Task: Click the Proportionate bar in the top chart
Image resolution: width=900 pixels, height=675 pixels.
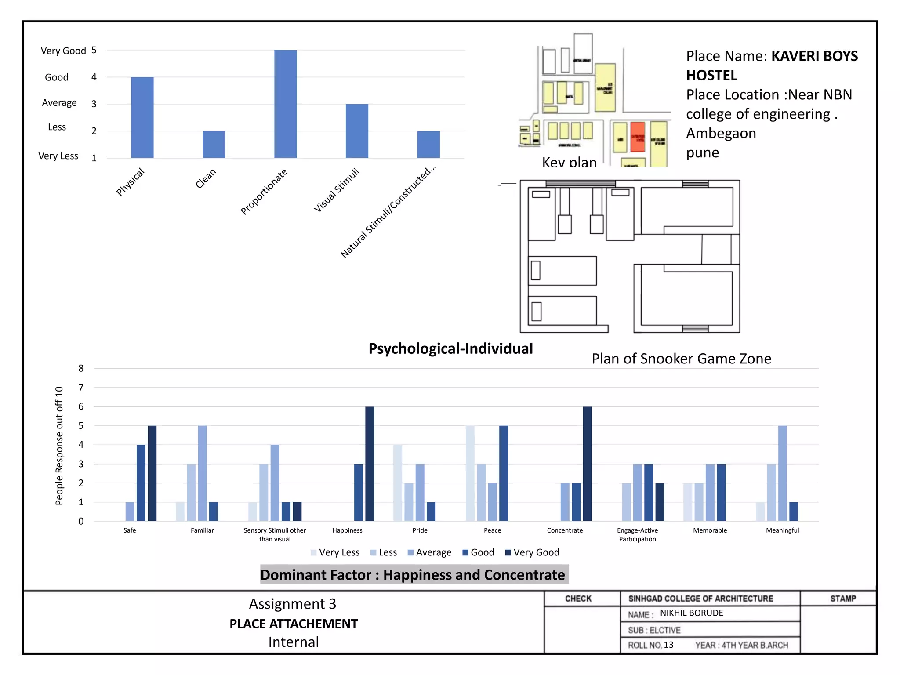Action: click(285, 104)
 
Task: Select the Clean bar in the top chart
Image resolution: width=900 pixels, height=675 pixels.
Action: click(214, 144)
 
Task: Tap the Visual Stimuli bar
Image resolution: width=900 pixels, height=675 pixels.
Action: click(357, 131)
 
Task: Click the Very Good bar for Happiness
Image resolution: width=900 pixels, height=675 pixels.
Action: click(370, 464)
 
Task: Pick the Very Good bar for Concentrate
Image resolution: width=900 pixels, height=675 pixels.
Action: click(587, 464)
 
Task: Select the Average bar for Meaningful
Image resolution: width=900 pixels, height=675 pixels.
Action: click(782, 473)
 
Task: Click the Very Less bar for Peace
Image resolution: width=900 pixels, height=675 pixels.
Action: click(470, 473)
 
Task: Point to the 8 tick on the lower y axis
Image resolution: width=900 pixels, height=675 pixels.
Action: click(81, 368)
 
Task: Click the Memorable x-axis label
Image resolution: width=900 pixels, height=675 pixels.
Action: click(710, 530)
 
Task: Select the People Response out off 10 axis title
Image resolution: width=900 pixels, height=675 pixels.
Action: click(59, 446)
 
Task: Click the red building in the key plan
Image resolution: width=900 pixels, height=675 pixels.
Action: click(637, 137)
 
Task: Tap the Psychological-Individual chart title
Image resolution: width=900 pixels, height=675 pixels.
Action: click(450, 348)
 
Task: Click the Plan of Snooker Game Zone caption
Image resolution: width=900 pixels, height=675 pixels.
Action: click(681, 359)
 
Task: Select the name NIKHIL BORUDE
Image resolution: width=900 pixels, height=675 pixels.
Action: click(691, 613)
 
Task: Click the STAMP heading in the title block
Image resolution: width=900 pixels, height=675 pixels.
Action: click(843, 599)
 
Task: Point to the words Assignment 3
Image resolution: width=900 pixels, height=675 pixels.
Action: click(293, 604)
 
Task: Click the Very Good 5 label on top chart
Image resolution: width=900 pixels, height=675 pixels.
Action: click(68, 51)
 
